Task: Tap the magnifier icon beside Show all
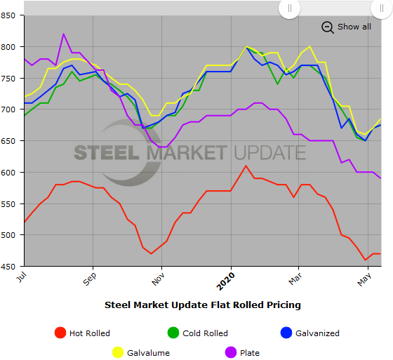tap(328, 27)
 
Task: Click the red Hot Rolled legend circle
tap(60, 333)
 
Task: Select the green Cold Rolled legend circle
tap(173, 333)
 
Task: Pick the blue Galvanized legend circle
tap(284, 333)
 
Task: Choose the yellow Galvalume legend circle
tap(118, 352)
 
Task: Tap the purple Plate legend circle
tap(228, 352)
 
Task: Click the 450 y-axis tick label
tap(11, 266)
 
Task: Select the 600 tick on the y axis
tap(11, 172)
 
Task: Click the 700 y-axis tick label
tap(11, 109)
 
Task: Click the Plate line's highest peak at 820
tap(64, 34)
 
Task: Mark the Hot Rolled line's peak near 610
tap(246, 166)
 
